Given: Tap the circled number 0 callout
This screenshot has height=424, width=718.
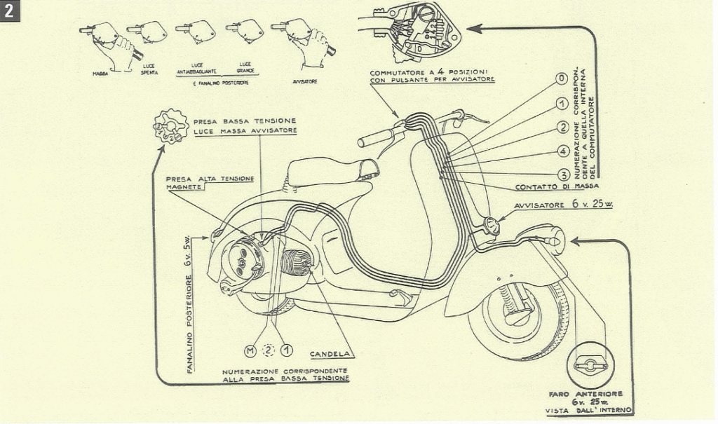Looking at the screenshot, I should pos(562,78).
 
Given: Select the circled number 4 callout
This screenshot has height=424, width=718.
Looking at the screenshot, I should pos(562,151).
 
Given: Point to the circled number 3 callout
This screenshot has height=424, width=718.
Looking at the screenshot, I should pos(562,175).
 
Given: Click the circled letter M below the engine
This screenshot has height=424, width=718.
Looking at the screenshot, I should pos(248,350).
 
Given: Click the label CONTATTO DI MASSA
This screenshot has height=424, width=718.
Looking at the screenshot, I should pos(557,187).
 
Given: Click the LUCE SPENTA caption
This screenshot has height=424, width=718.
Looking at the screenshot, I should pos(149,69).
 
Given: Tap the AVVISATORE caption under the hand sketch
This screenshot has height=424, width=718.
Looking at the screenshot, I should pos(304,81).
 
